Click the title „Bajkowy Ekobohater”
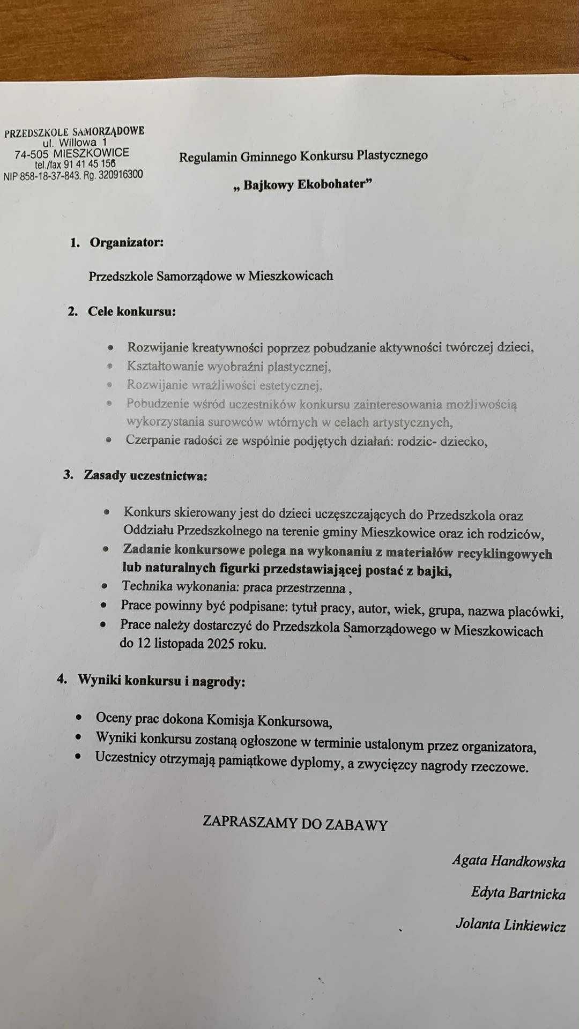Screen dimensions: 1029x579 pyautogui.click(x=303, y=185)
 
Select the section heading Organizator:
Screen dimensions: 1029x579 pyautogui.click(x=127, y=243)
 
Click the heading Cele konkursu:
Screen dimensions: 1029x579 pyautogui.click(x=132, y=311)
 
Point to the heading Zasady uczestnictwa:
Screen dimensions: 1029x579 pyautogui.click(x=145, y=475)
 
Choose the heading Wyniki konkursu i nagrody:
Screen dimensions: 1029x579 pyautogui.click(x=161, y=681)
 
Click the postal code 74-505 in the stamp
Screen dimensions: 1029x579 pyautogui.click(x=31, y=154)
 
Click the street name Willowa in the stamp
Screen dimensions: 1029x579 pyautogui.click(x=78, y=143)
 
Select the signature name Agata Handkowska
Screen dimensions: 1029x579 pyautogui.click(x=508, y=861)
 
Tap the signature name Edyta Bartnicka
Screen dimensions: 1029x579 pyautogui.click(x=518, y=893)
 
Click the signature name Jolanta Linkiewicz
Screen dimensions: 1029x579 pyautogui.click(x=510, y=925)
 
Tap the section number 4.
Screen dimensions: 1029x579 pyautogui.click(x=62, y=679)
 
